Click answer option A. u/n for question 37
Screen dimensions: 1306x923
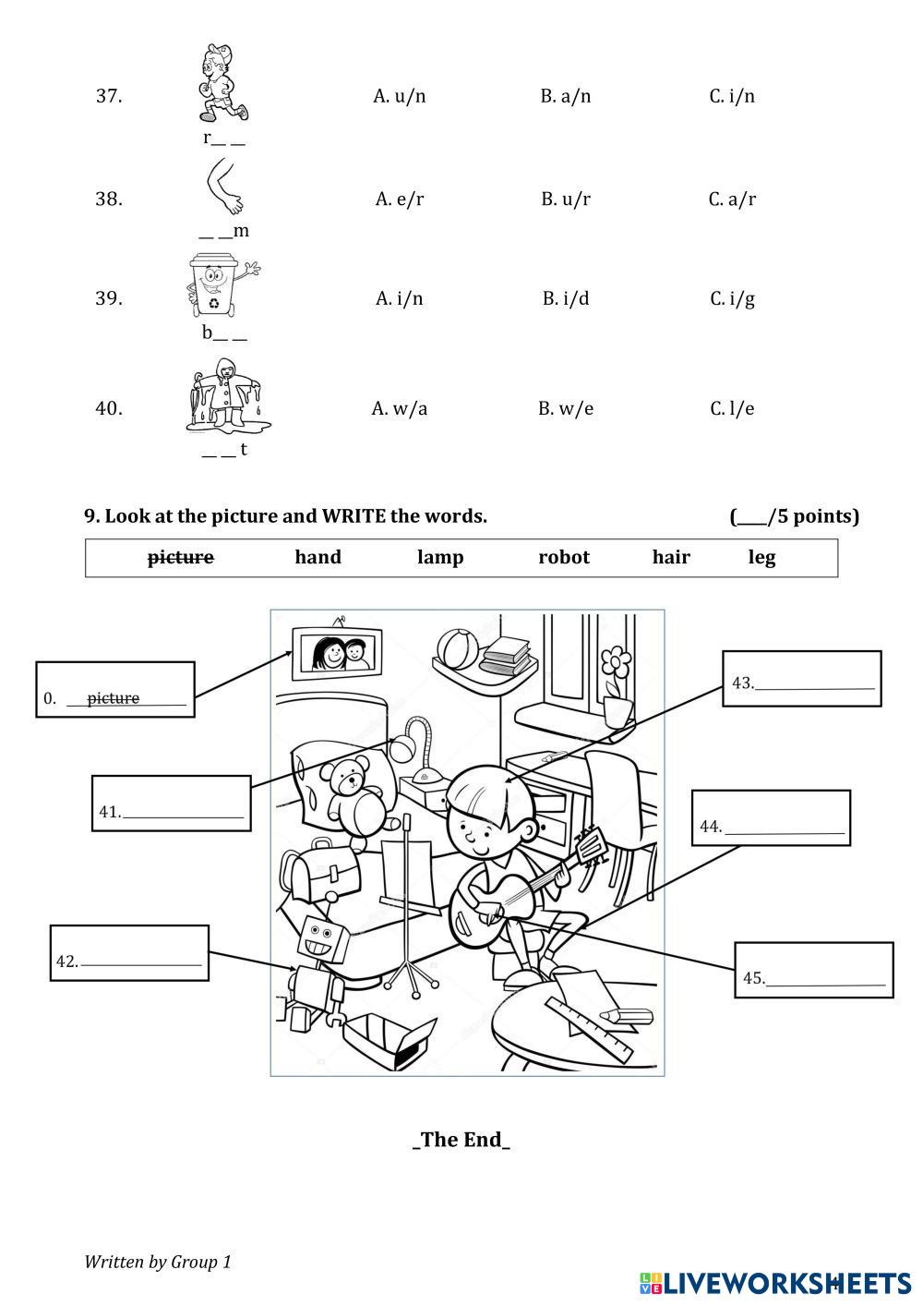(399, 96)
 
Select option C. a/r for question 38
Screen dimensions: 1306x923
(732, 200)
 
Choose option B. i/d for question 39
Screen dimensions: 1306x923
(566, 298)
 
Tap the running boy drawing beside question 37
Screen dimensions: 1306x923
(222, 83)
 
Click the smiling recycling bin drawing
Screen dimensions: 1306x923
(218, 285)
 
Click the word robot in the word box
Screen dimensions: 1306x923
(563, 557)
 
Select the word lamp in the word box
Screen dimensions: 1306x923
(440, 557)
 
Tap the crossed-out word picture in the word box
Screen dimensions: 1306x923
(181, 557)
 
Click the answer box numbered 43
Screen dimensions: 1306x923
(801, 679)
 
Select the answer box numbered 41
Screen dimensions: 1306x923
(172, 804)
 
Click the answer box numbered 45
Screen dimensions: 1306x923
(813, 970)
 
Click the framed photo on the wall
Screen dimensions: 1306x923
(338, 653)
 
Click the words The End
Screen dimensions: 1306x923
(461, 1139)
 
